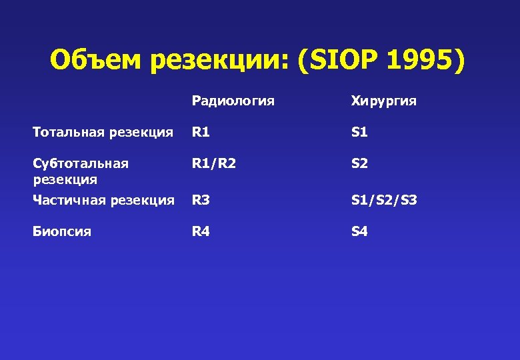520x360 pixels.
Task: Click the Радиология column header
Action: coord(233,101)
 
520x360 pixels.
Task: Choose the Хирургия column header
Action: coord(384,101)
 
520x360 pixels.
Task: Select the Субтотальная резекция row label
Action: coord(81,171)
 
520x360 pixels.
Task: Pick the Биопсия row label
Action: coord(62,231)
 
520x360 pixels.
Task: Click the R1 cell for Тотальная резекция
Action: coord(201,132)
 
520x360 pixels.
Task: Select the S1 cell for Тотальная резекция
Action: coord(360,132)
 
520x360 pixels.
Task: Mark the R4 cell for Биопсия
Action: coord(201,231)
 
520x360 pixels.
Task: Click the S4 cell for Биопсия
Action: coord(360,231)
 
